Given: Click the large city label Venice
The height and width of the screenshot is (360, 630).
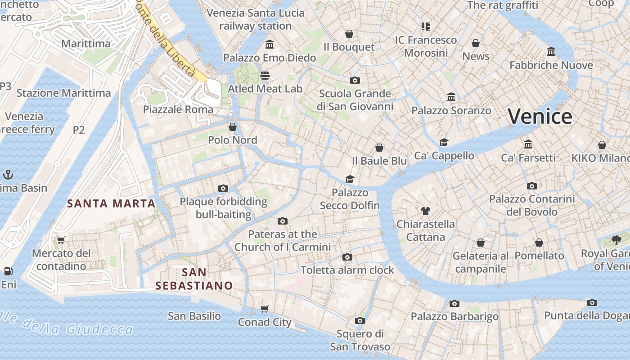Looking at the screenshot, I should tap(540, 117).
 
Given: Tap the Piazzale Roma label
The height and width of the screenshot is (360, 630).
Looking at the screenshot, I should tap(178, 109).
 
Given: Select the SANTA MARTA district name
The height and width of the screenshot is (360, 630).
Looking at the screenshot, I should tap(111, 203).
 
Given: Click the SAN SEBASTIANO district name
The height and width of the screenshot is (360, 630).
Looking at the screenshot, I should tap(194, 279).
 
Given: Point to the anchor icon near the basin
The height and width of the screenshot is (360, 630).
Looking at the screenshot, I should tap(7, 174).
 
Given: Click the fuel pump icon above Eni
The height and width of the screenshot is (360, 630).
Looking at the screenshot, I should tap(8, 271).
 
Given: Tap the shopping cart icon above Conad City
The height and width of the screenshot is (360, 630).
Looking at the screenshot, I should tap(265, 309).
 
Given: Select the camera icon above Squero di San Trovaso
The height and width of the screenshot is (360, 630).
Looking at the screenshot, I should tap(360, 320).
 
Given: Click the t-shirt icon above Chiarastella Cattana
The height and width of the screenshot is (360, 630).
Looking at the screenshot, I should tap(425, 211).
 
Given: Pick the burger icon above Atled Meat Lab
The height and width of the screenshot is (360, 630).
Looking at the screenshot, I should tap(265, 75).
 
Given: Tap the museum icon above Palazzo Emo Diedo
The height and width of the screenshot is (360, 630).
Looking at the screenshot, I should tap(270, 44).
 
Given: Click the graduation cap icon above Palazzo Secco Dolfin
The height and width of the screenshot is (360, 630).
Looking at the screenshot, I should tap(350, 179).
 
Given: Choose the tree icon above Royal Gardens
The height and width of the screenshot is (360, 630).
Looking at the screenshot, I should tap(616, 240).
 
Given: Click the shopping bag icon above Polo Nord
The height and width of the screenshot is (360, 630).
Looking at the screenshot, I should tap(233, 127).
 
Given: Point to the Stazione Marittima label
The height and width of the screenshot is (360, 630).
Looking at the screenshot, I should tap(63, 93).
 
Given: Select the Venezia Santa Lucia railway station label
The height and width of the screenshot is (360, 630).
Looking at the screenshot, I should tap(256, 19).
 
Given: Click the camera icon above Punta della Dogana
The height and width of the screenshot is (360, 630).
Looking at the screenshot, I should tap(592, 302).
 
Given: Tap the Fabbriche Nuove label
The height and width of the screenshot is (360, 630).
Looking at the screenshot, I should tap(551, 65).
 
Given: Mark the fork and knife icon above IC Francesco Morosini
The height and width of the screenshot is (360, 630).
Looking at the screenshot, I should tap(426, 26).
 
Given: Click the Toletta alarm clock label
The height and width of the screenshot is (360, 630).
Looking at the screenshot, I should tap(347, 270).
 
